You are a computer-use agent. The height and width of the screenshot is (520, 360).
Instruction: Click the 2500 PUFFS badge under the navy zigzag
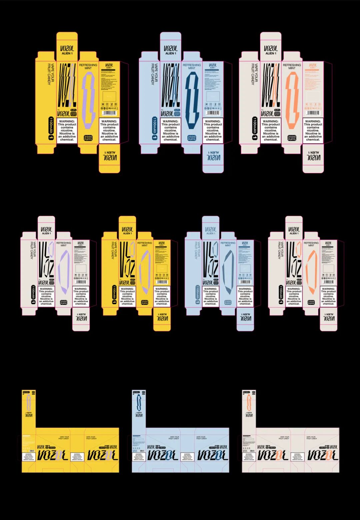coord(192,138)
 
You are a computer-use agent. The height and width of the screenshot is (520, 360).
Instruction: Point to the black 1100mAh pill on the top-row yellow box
coord(51,128)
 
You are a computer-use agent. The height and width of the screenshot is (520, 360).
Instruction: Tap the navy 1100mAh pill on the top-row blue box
coord(155,128)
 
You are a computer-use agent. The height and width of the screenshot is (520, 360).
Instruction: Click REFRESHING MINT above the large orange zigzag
coord(292,66)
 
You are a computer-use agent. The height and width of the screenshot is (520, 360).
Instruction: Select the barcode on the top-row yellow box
coord(109,113)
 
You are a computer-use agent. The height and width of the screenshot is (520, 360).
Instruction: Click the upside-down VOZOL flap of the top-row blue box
coord(213,157)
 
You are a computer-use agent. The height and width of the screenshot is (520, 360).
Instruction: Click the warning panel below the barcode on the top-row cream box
coord(313,130)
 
